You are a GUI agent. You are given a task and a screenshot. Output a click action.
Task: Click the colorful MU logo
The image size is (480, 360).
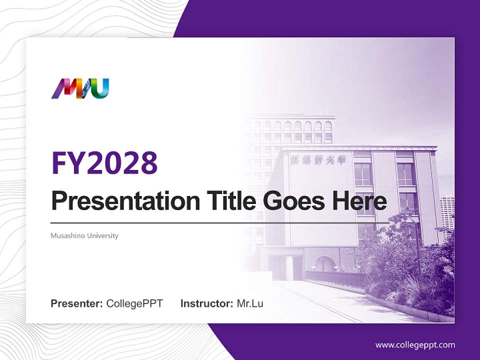80,88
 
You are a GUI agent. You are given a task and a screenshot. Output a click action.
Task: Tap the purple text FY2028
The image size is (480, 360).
104,162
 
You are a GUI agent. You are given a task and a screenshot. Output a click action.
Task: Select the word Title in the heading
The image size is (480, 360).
225,201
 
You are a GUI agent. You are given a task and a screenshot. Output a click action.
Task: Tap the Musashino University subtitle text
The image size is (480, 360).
84,235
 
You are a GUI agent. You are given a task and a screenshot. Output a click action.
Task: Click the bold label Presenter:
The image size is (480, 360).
77,303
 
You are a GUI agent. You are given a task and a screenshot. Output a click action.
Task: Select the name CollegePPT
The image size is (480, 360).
134,303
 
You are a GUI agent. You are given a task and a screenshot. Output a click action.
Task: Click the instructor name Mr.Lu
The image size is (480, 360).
250,303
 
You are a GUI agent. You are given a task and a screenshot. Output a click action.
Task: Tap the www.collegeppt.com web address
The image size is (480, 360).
415,344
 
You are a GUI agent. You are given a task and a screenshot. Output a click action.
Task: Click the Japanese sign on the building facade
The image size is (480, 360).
321,159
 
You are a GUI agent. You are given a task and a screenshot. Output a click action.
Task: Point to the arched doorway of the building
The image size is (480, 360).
325,264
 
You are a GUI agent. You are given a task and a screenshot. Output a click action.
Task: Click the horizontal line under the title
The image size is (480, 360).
220,222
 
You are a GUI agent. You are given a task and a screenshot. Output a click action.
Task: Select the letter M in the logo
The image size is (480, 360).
62,89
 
